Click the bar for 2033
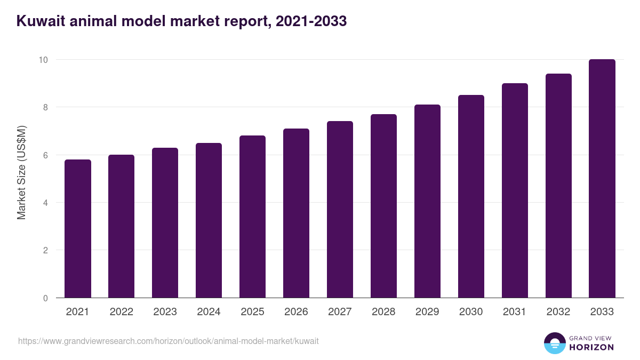(602, 179)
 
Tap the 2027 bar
(340, 209)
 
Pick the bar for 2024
(209, 220)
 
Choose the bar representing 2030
(471, 196)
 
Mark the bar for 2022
(122, 226)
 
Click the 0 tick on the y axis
(45, 298)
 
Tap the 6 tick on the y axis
(45, 155)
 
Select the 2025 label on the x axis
(252, 312)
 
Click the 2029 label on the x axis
(427, 312)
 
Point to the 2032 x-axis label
(558, 312)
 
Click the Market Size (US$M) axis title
(22, 172)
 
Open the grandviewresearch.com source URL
(169, 341)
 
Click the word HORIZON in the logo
(591, 347)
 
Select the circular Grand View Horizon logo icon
(555, 343)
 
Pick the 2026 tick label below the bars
(296, 312)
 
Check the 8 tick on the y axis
(45, 107)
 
